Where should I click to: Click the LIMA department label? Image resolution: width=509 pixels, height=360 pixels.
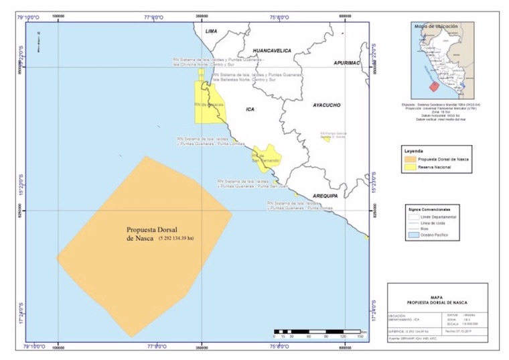pos(212,31)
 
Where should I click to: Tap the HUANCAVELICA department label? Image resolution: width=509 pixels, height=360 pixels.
pos(271,50)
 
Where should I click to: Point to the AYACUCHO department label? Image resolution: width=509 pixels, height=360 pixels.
pos(327,105)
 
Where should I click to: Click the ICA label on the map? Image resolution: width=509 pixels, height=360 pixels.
pos(250,109)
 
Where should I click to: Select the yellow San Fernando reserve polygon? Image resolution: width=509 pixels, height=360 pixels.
pos(266,159)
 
